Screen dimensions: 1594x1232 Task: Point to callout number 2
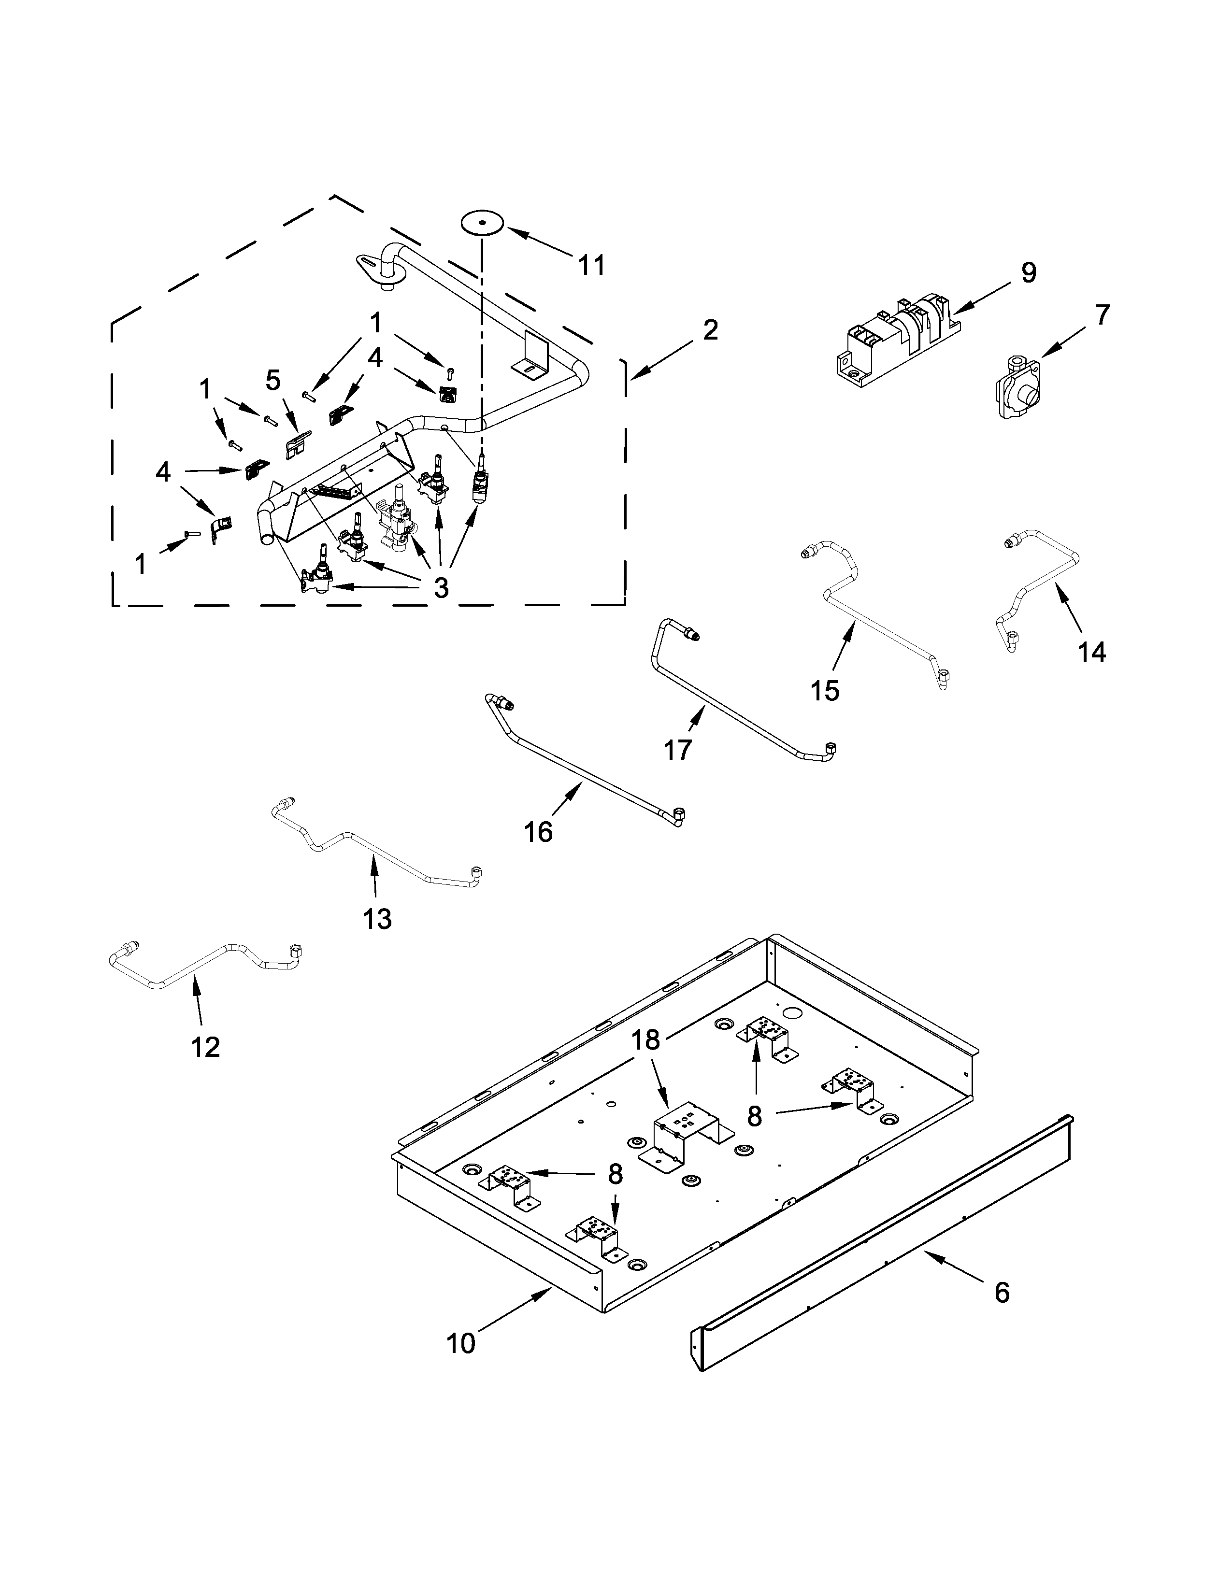pyautogui.click(x=709, y=330)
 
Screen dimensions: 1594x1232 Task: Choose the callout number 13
pyautogui.click(x=377, y=919)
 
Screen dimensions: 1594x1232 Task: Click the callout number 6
pyautogui.click(x=1002, y=1292)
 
